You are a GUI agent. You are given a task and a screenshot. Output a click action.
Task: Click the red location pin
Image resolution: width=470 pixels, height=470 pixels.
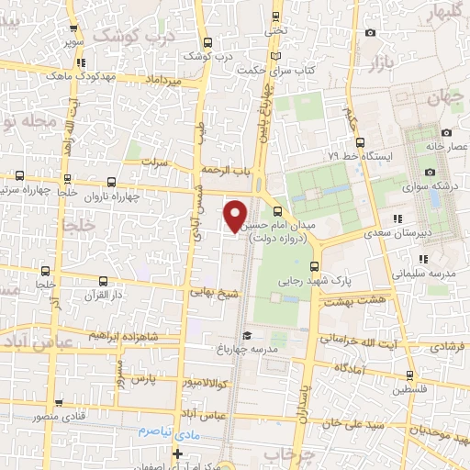click(x=236, y=215)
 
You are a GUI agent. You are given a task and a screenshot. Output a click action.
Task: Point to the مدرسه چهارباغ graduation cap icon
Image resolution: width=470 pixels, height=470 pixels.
click(x=244, y=336)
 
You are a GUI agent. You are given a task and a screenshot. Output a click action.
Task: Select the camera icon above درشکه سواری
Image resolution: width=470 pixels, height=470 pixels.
click(x=430, y=173)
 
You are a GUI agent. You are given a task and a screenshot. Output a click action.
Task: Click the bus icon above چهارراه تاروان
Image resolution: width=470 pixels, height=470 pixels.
click(x=111, y=182)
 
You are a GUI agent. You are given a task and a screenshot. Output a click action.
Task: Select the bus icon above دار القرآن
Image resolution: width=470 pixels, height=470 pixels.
click(x=102, y=281)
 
